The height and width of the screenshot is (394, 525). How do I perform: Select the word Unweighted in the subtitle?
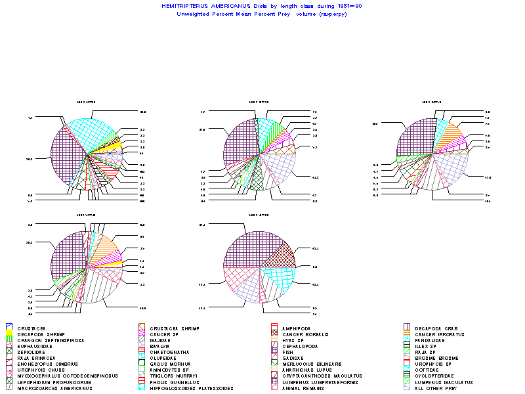tap(192, 14)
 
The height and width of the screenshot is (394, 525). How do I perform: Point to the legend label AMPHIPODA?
tap(297, 328)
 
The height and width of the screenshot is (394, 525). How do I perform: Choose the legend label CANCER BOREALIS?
tap(307, 334)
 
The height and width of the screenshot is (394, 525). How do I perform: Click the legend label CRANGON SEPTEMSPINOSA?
tap(47, 339)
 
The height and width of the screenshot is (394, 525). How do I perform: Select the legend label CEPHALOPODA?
tap(301, 345)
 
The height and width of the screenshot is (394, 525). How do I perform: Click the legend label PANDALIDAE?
tap(432, 339)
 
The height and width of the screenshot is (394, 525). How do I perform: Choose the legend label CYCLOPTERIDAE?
tap(436, 375)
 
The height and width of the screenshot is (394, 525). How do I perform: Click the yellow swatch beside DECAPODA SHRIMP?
tap(9, 334)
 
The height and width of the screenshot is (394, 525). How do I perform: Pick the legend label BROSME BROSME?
tap(436, 357)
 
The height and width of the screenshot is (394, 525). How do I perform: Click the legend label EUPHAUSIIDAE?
tap(37, 345)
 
